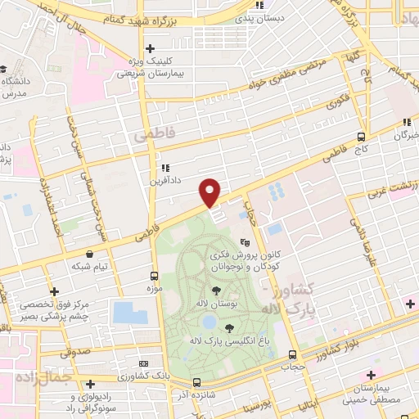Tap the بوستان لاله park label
tap(216, 303)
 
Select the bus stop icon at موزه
tap(155, 276)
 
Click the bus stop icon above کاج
tap(362, 137)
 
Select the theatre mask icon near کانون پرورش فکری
tap(244, 242)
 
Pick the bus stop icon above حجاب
tap(292, 354)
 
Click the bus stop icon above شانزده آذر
tap(196, 382)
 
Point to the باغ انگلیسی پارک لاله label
tap(239, 340)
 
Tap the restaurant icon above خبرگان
tap(405, 124)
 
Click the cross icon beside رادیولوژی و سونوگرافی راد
tap(91, 384)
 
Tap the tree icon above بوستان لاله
tap(216, 290)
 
